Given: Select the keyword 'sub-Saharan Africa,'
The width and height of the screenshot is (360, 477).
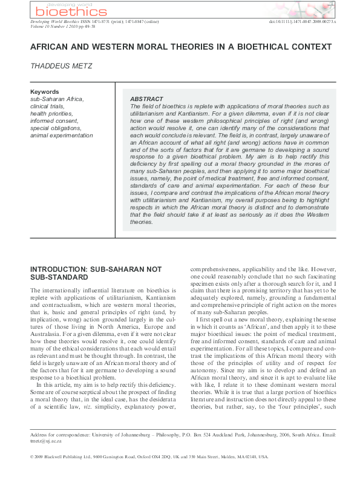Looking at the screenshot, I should [x=57, y=99].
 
